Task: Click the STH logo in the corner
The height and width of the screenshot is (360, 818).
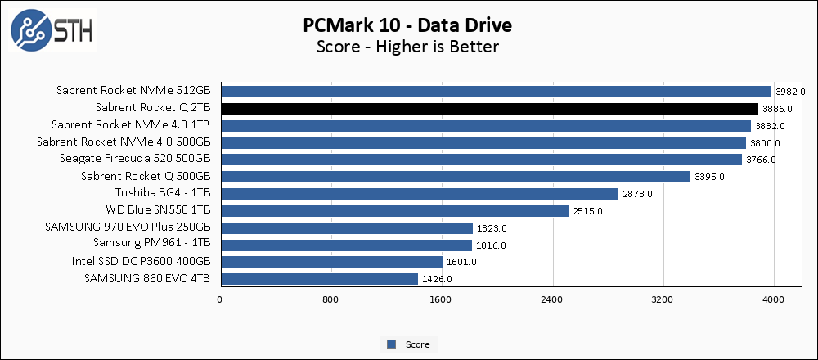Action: coord(51,30)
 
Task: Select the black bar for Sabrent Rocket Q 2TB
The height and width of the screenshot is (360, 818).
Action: coord(489,109)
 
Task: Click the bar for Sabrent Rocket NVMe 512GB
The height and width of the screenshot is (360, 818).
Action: coord(496,92)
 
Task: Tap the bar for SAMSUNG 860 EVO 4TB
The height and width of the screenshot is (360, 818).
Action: coord(319,279)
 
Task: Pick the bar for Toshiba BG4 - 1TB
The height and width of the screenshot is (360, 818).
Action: coord(419,194)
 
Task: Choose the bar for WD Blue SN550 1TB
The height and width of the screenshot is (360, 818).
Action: coord(394,211)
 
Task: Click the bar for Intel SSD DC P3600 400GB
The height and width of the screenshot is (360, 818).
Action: coord(331,262)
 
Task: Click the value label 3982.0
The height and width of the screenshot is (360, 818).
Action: coord(790,92)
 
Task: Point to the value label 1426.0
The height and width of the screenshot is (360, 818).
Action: coord(437,280)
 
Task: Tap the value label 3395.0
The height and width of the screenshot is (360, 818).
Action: coord(709,178)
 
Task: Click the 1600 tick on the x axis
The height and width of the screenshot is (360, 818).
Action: coord(442,299)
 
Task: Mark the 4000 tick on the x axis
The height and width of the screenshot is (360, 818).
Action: coord(774,299)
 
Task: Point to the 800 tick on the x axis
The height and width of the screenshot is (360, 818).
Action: coord(330,299)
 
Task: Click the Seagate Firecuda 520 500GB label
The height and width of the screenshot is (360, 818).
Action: coord(136,160)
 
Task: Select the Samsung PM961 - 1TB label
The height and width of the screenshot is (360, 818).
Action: coord(152,245)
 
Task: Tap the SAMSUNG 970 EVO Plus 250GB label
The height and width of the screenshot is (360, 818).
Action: coord(133,227)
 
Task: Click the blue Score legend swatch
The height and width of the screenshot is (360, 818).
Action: coord(392,344)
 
